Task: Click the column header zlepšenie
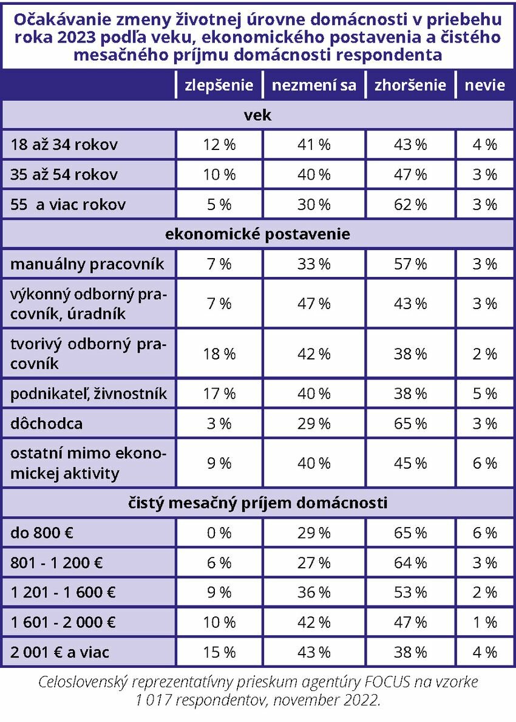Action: click(219, 85)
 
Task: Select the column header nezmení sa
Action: click(314, 85)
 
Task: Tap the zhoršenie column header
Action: click(410, 85)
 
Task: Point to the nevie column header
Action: click(484, 85)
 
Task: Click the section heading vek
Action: click(257, 115)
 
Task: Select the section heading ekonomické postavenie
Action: click(257, 234)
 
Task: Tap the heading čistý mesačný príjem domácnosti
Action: click(257, 503)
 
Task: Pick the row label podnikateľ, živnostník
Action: click(89, 394)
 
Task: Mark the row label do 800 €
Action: click(42, 533)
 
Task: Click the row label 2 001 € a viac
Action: click(60, 652)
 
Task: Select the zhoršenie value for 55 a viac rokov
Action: click(410, 205)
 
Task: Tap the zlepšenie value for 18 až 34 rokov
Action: click(219, 145)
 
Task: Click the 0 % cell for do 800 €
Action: click(219, 533)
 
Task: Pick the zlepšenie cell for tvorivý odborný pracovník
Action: click(219, 354)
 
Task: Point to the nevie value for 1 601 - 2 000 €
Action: click(485, 622)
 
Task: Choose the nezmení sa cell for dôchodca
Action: click(314, 424)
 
